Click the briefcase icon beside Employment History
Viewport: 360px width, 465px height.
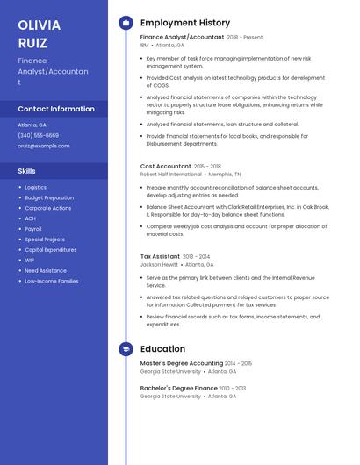coord(126,23)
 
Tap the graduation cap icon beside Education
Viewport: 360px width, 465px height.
coord(126,349)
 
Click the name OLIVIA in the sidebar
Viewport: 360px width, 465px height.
coord(40,25)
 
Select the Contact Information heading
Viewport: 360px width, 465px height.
coord(56,109)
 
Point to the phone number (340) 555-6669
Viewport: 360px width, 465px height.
coord(39,135)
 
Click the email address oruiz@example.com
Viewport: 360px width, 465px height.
coord(44,146)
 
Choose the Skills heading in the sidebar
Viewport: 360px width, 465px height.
coord(27,171)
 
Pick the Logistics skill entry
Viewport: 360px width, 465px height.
coord(36,187)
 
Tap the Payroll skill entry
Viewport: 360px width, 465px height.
coord(33,229)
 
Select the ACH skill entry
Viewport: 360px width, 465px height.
coord(30,218)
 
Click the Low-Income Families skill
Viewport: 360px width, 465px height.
coord(52,281)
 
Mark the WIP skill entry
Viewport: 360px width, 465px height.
coord(30,260)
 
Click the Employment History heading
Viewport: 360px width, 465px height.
coord(185,23)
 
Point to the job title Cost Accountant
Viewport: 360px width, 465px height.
coord(165,166)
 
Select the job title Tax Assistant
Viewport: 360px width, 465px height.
coord(160,256)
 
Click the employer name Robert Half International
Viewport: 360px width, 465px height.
coord(170,175)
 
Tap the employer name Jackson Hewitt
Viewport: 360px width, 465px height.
coord(159,264)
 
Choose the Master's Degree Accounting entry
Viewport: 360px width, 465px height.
coord(181,363)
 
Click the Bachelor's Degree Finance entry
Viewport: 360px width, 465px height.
coord(179,388)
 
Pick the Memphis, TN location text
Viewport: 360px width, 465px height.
coord(225,175)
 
